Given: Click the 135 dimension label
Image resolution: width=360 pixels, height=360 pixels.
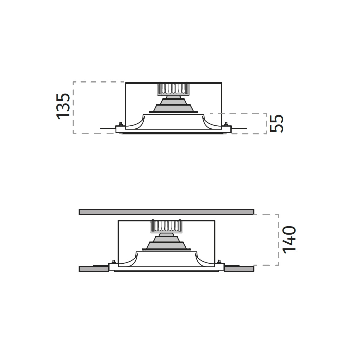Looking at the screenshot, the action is pyautogui.click(x=63, y=106).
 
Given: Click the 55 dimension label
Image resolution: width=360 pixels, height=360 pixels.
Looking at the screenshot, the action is pyautogui.click(x=277, y=124).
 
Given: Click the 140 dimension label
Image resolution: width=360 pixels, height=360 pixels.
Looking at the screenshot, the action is pyautogui.click(x=289, y=240).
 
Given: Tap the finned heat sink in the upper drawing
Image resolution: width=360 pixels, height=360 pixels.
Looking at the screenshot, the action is pyautogui.click(x=173, y=88).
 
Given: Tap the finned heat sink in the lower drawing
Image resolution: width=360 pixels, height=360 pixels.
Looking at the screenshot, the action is pyautogui.click(x=166, y=226).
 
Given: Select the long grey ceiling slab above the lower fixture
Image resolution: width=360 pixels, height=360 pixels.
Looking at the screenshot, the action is pyautogui.click(x=166, y=212).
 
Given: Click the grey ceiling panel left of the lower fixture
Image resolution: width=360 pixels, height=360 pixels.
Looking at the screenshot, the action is pyautogui.click(x=94, y=268).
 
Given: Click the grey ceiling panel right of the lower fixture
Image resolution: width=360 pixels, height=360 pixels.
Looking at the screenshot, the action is pyautogui.click(x=239, y=268).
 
